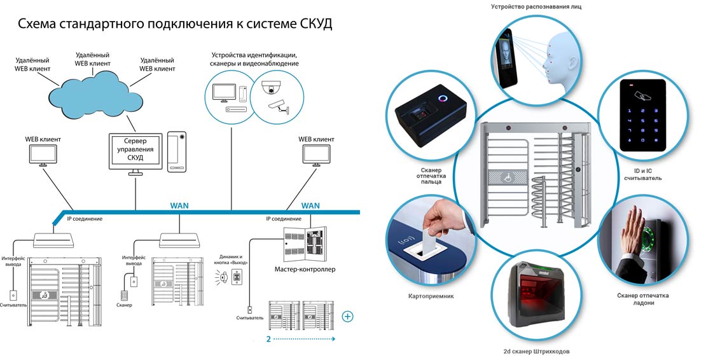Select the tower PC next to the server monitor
tap(177, 151)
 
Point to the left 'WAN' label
tap(179, 206)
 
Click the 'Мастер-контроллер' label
tap(305, 269)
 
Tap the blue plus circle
tap(347, 316)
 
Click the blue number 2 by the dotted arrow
tap(268, 340)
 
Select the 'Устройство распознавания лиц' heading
tap(545, 6)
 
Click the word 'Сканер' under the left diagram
tap(124, 306)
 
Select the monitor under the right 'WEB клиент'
tap(316, 155)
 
